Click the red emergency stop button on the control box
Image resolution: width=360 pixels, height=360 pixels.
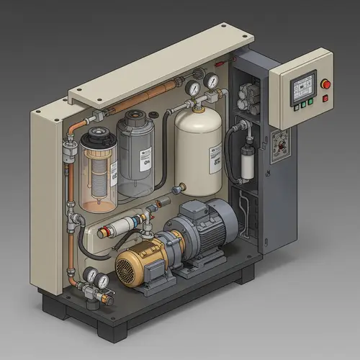[x=325, y=84]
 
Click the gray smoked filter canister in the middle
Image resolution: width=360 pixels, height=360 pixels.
[x=136, y=155]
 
